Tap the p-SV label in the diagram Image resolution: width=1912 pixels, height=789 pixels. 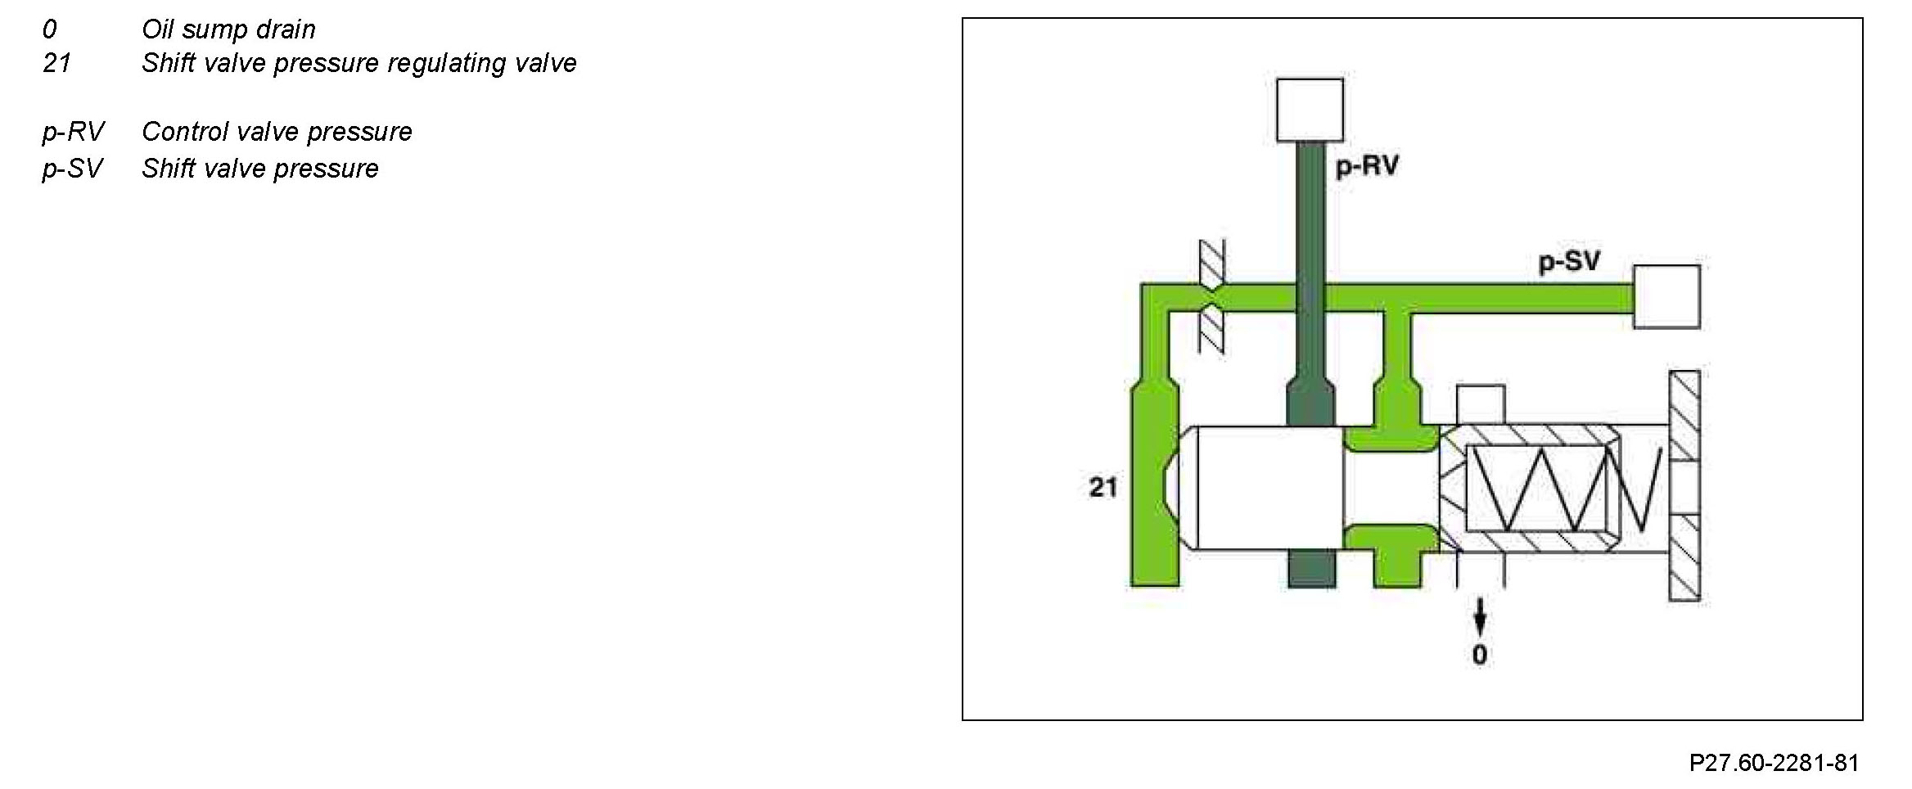click(x=1569, y=263)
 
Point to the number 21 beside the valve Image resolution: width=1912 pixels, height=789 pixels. click(x=1103, y=488)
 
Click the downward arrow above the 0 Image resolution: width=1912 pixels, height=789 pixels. click(x=1479, y=615)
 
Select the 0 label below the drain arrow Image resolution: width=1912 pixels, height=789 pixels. click(x=1480, y=655)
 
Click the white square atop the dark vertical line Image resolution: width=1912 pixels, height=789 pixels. click(x=1310, y=110)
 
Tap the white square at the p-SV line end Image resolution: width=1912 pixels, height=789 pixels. click(x=1666, y=296)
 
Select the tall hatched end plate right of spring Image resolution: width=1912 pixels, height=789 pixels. click(x=1684, y=486)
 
